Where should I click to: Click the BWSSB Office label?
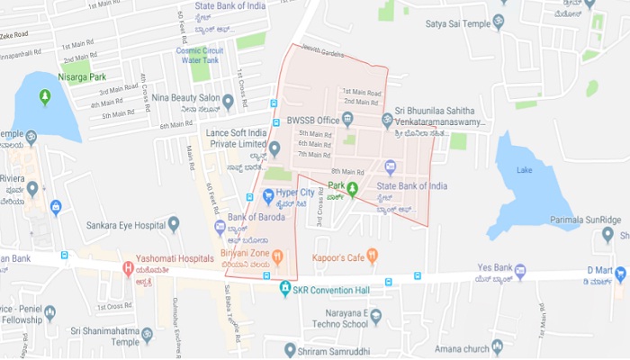pyautogui.click(x=313, y=120)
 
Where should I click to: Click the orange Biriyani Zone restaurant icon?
pyautogui.click(x=278, y=258)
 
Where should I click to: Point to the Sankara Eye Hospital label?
pyautogui.click(x=128, y=225)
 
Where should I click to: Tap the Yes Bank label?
pyautogui.click(x=494, y=267)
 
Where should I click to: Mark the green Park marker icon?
pyautogui.click(x=353, y=188)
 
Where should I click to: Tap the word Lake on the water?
pyautogui.click(x=526, y=169)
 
